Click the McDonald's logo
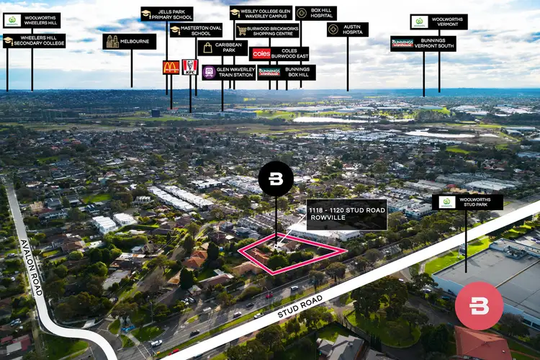click(171, 68)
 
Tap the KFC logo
click(190, 67)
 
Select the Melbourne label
click(130, 42)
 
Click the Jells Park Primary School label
click(166, 14)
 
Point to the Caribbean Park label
click(222, 48)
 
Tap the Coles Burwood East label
click(279, 54)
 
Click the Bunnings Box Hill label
click(287, 72)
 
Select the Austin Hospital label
click(347, 30)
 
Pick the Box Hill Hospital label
click(315, 14)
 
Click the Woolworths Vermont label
click(438, 22)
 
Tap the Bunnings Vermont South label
click(423, 44)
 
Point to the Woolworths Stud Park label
click(467, 202)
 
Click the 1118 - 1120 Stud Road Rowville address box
click(347, 215)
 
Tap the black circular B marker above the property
click(276, 179)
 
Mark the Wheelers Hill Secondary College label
click(34, 41)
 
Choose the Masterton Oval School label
click(196, 30)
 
